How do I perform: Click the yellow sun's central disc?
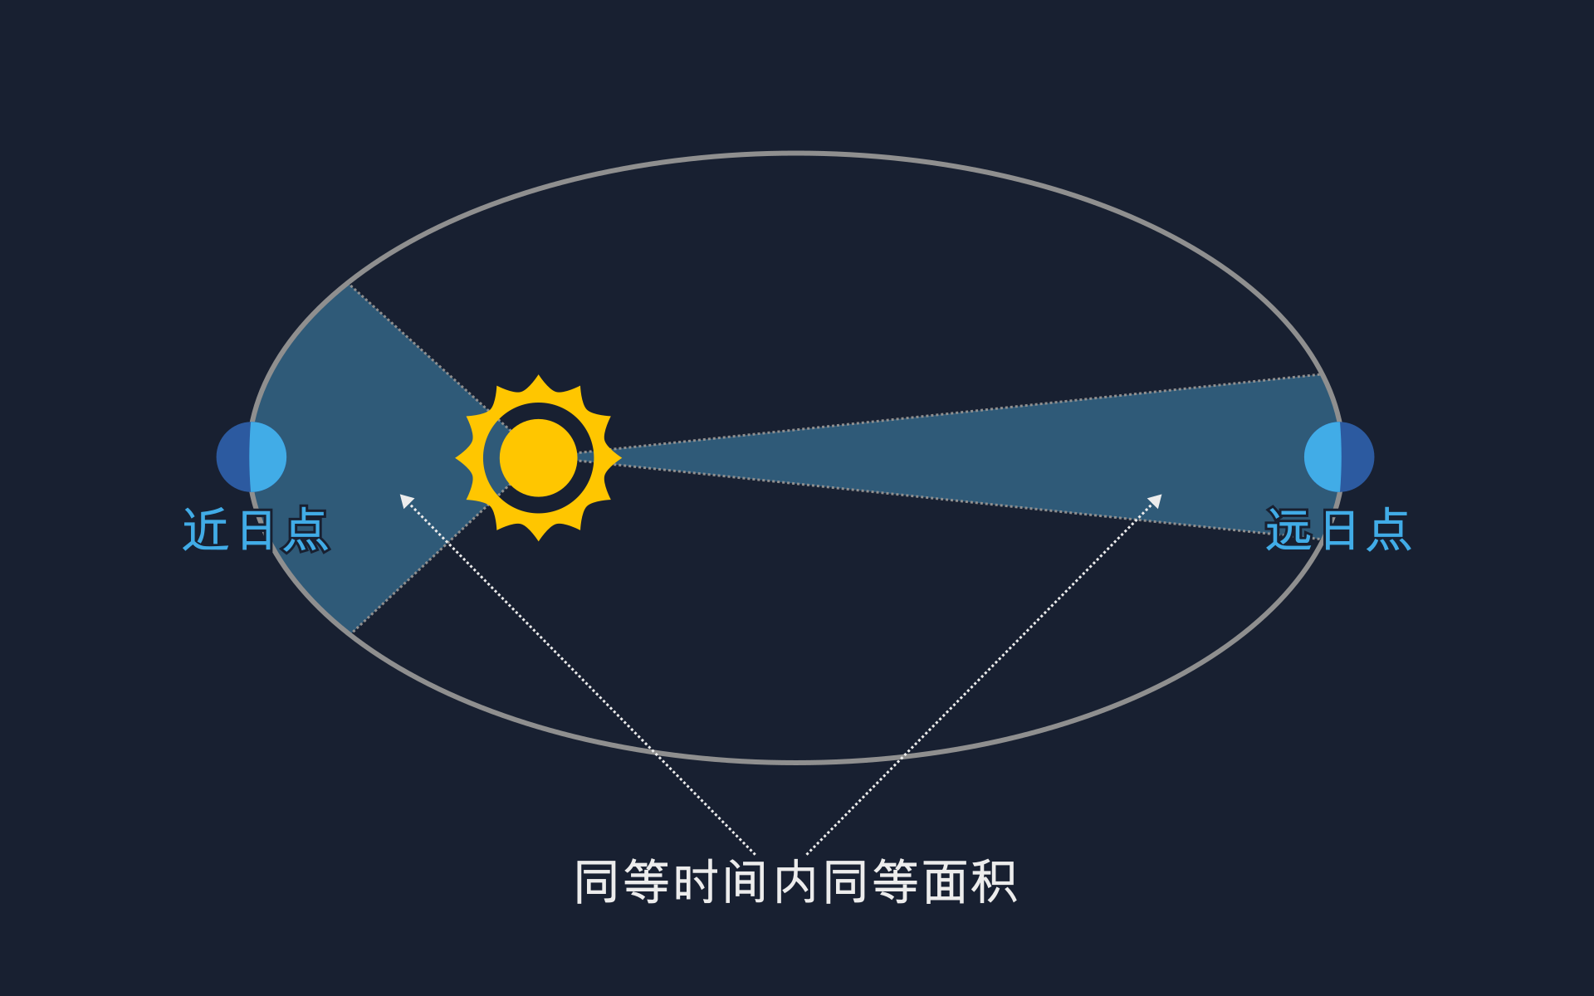coord(538,457)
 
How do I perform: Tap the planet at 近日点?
coord(252,456)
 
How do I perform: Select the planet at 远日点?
coord(1339,456)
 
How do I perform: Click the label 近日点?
coord(257,530)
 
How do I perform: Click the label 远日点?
coord(1337,530)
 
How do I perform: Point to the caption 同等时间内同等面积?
coord(795,881)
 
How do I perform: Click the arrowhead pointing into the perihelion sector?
coord(405,500)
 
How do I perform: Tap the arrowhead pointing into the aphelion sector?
coord(1156,500)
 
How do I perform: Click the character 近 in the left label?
coord(206,530)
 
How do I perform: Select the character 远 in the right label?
coord(1288,530)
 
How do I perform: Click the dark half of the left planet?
coord(233,456)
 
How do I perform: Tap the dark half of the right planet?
coord(1357,456)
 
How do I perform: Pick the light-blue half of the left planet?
coord(268,456)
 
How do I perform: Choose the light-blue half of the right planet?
coord(1323,456)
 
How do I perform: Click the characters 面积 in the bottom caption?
coord(970,881)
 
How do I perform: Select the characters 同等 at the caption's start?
coord(622,881)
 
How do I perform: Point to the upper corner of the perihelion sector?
coord(350,285)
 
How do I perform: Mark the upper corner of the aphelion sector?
coord(1319,374)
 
